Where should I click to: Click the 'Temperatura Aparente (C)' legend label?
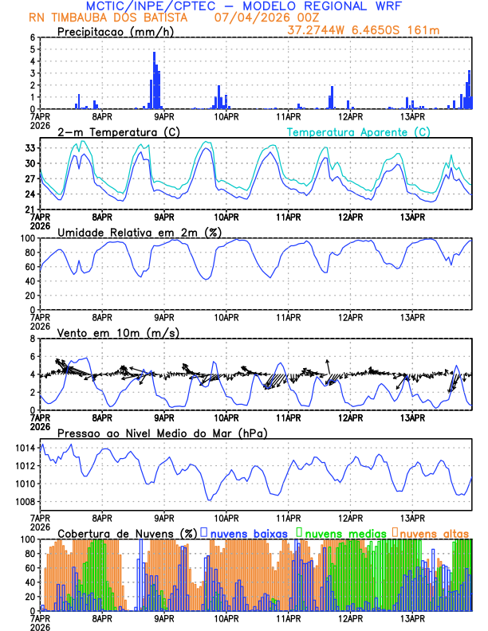[359, 131]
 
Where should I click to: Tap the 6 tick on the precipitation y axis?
[33, 37]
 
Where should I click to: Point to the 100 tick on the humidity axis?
[29, 238]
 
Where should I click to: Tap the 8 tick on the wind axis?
[33, 339]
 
